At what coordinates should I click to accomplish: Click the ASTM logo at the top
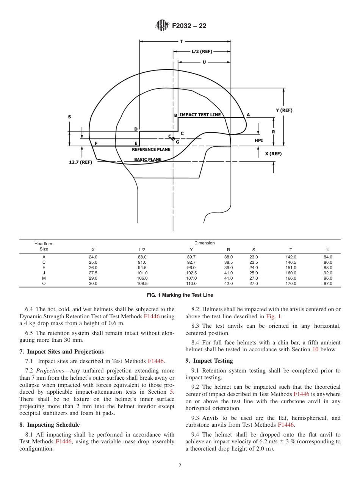click(x=163, y=26)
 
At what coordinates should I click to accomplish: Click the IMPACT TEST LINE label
click(x=200, y=115)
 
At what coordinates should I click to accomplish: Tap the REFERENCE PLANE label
click(x=151, y=150)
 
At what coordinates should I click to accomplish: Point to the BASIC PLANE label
click(x=147, y=160)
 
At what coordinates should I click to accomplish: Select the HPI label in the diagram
click(x=258, y=140)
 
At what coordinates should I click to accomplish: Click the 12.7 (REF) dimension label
click(x=80, y=162)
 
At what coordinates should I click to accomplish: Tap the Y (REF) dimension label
click(x=284, y=110)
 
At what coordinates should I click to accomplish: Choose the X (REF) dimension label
click(x=273, y=154)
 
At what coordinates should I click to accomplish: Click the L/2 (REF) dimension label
click(x=202, y=52)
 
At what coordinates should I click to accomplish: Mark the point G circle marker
click(x=173, y=139)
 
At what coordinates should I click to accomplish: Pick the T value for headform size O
click(x=291, y=283)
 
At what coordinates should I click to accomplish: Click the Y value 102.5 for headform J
click(x=192, y=273)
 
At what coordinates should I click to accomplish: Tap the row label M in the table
click(x=44, y=278)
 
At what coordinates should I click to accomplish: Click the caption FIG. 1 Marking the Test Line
click(x=180, y=295)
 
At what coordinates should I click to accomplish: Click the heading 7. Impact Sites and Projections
click(x=61, y=352)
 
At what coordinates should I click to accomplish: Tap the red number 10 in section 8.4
click(x=315, y=349)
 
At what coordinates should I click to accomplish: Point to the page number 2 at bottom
click(x=180, y=466)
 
